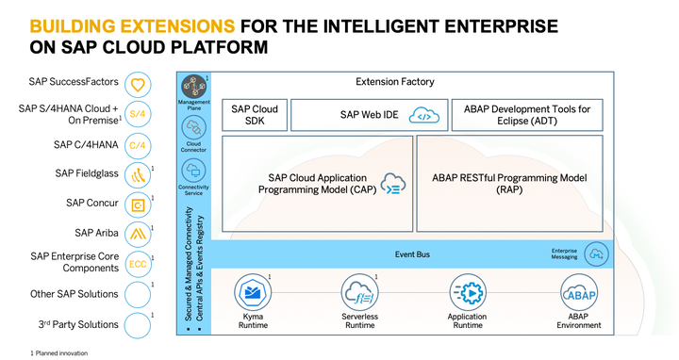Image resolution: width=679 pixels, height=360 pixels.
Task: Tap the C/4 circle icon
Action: pyautogui.click(x=138, y=145)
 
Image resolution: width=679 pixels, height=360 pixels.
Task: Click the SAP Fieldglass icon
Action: pyautogui.click(x=138, y=174)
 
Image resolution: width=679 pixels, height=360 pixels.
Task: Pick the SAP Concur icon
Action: pyautogui.click(x=138, y=204)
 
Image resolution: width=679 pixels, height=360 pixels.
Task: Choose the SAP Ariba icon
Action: pyautogui.click(x=138, y=234)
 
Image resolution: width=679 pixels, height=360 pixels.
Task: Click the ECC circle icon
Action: pyautogui.click(x=138, y=264)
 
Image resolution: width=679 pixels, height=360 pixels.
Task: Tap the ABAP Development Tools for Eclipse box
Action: pyautogui.click(x=527, y=116)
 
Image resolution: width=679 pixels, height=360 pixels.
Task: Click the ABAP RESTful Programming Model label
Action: pyautogui.click(x=509, y=184)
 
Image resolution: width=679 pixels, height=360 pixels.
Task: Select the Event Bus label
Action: pyautogui.click(x=412, y=254)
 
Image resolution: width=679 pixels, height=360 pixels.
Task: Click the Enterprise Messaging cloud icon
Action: pyautogui.click(x=596, y=254)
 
